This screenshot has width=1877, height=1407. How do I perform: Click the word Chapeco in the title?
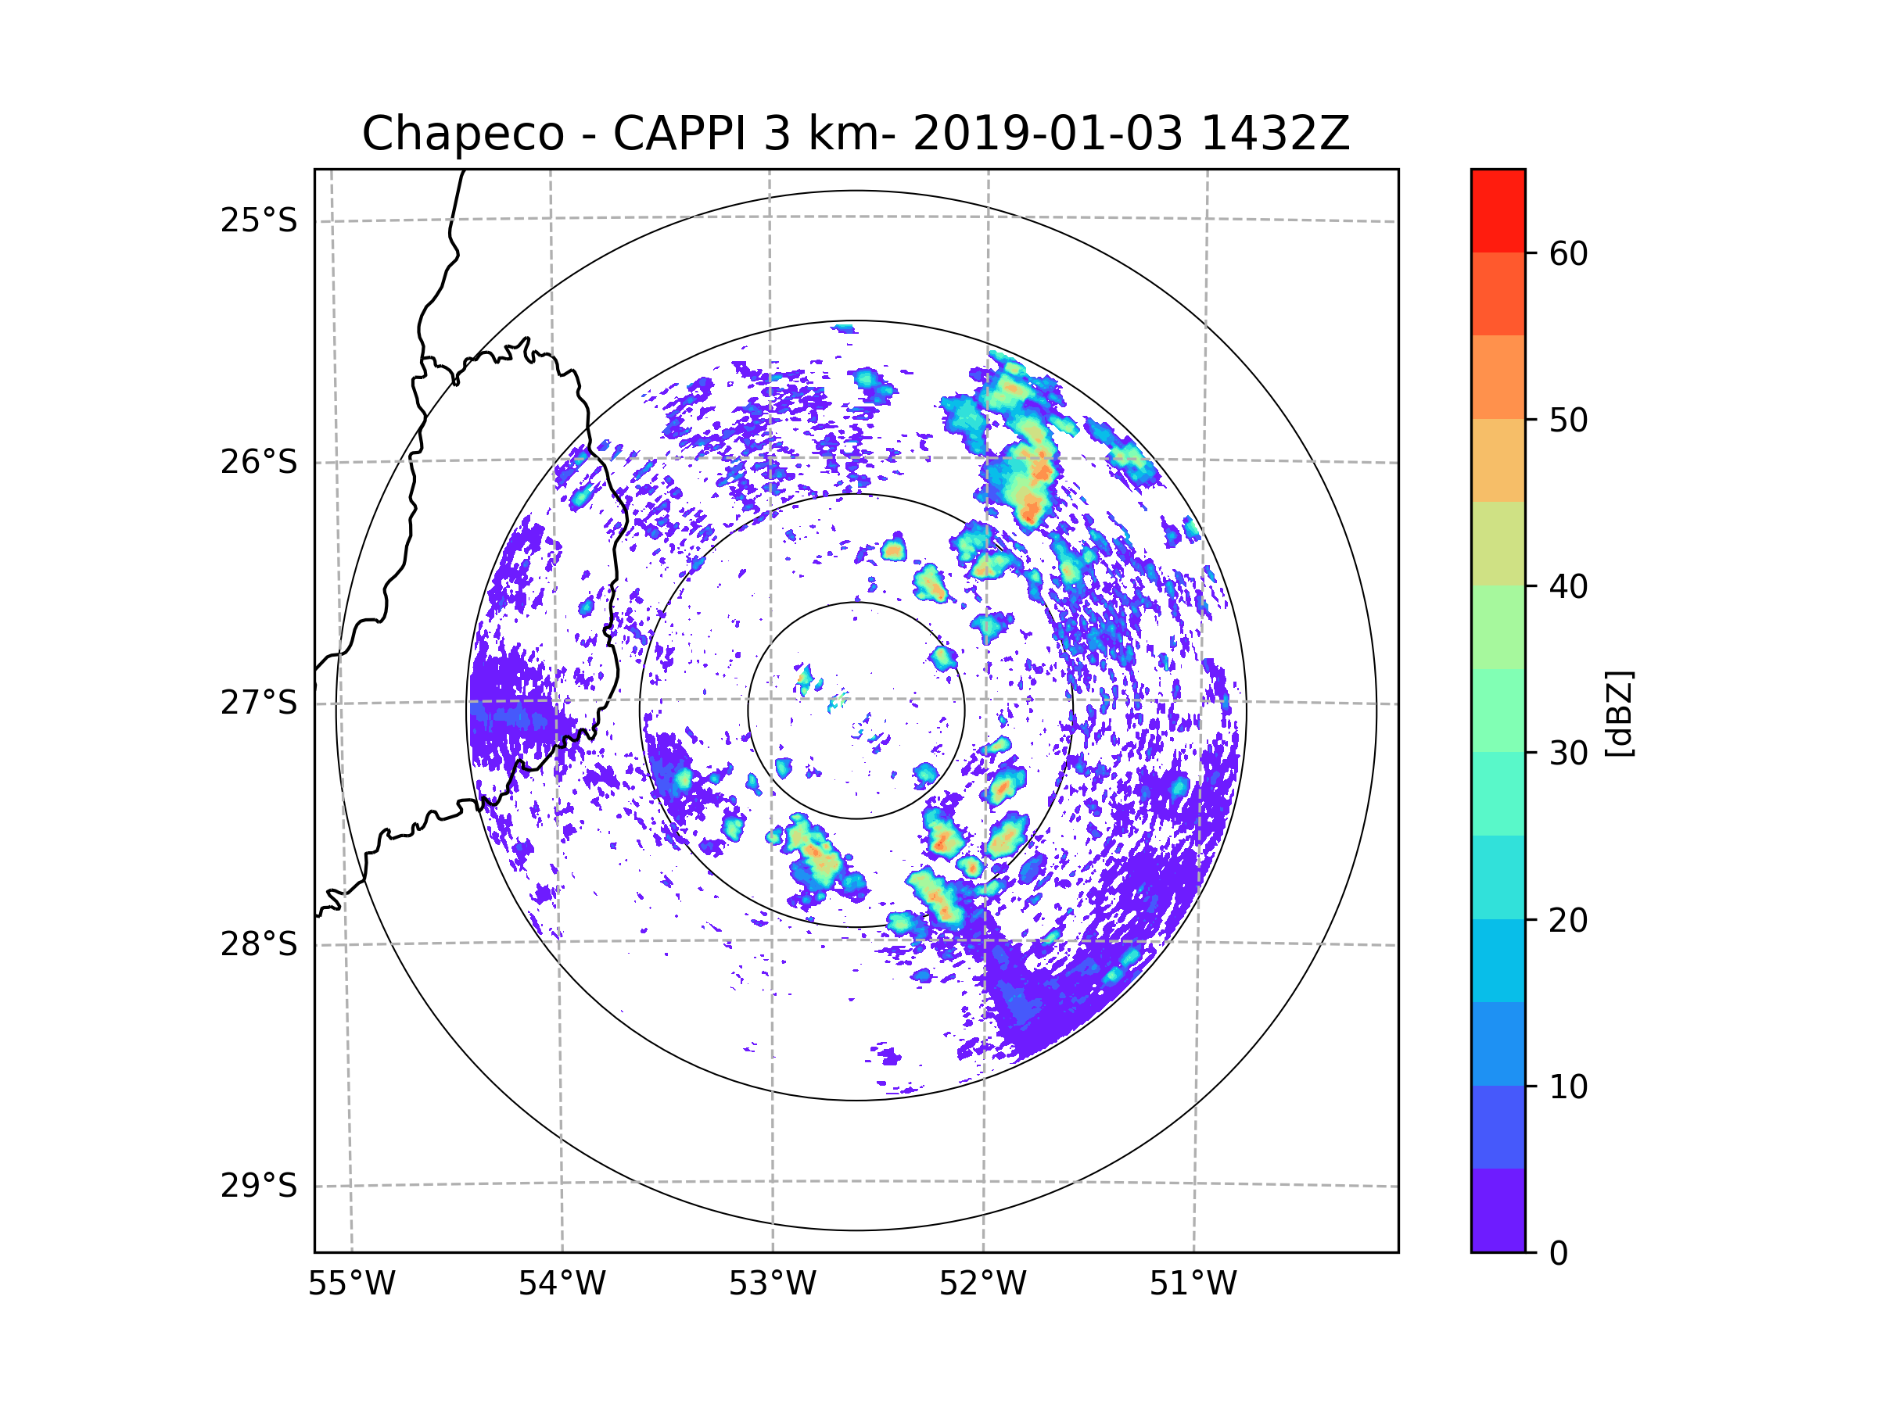tap(462, 134)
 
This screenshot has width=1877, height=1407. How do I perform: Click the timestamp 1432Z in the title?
tap(1275, 134)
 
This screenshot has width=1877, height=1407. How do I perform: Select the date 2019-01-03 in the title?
tap(1047, 134)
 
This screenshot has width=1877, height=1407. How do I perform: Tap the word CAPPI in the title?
tap(679, 134)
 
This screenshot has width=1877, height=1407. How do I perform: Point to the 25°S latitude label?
tap(259, 220)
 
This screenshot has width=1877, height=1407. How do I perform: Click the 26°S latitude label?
tap(259, 462)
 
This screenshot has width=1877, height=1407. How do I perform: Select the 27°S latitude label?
tap(259, 703)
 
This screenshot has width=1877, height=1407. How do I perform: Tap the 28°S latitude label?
tap(259, 944)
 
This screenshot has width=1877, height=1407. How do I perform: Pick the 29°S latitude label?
tap(259, 1186)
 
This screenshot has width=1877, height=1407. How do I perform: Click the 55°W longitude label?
tap(351, 1284)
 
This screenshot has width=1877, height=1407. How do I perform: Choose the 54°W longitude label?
tap(562, 1284)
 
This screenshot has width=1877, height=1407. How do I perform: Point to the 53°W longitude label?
tap(772, 1284)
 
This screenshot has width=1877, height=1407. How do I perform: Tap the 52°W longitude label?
tap(982, 1284)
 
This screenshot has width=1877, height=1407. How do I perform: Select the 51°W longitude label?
tap(1193, 1284)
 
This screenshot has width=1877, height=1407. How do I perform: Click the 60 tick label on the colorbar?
tap(1568, 253)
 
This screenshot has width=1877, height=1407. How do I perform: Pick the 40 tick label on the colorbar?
tap(1568, 587)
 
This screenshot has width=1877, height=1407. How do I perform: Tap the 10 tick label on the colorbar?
tap(1568, 1087)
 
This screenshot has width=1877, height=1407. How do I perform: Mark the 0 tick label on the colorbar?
tap(1559, 1254)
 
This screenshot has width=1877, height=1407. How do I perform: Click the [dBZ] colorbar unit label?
tap(1619, 714)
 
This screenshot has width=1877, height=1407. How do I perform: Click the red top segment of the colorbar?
tap(1498, 210)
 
